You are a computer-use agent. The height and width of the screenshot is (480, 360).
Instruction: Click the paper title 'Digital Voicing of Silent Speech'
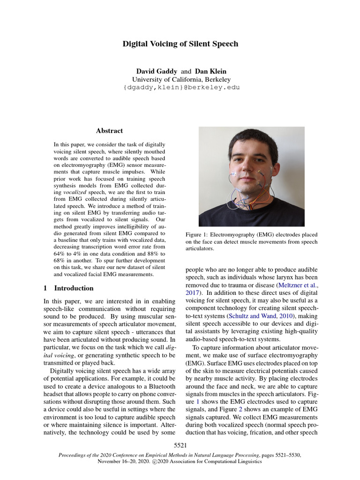[180, 44]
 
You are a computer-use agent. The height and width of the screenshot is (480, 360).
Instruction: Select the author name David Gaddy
[157, 71]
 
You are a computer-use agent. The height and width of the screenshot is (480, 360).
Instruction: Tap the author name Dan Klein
[210, 71]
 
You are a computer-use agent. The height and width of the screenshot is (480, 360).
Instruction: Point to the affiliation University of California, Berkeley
[180, 80]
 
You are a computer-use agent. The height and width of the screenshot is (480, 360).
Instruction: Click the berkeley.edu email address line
[180, 88]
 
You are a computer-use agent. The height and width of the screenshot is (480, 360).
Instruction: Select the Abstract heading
[109, 131]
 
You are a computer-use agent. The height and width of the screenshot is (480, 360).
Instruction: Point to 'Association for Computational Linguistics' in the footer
[214, 461]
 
